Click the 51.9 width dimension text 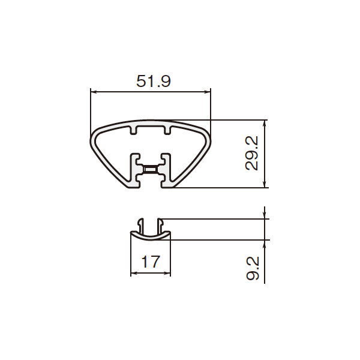point(154,81)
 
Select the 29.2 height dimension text point(252,154)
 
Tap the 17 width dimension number point(151,262)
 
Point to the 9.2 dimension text point(253,269)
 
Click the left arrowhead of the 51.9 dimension point(94,92)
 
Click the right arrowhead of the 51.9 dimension point(208,92)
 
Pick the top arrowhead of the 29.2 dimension point(265,123)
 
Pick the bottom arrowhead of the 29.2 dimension point(265,184)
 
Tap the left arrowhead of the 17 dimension point(134,273)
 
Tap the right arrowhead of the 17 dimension point(167,273)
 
